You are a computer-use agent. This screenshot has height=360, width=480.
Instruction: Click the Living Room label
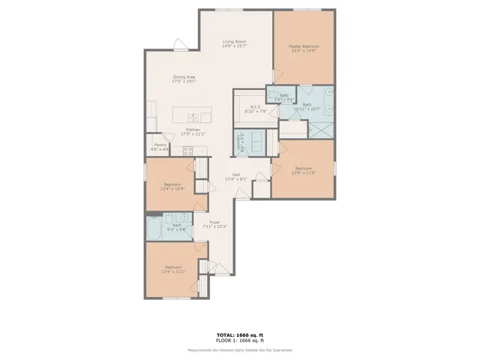pyautogui.click(x=234, y=42)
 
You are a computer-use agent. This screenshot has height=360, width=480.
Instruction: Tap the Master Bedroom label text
pyautogui.click(x=304, y=46)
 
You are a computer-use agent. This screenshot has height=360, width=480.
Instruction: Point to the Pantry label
pyautogui.click(x=160, y=145)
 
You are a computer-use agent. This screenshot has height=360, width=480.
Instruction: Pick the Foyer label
pyautogui.click(x=214, y=222)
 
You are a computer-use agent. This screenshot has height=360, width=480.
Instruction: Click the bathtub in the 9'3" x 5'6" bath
pyautogui.click(x=154, y=228)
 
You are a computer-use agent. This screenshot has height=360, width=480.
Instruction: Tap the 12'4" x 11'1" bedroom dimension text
pyautogui.click(x=172, y=271)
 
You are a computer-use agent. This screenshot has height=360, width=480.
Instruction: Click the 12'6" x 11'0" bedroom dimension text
pyautogui.click(x=304, y=172)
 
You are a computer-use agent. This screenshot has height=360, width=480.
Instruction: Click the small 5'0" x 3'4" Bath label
pyautogui.click(x=284, y=95)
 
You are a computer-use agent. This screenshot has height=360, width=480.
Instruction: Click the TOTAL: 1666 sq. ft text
pyautogui.click(x=240, y=335)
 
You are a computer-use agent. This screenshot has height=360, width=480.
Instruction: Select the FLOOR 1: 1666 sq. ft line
pyautogui.click(x=240, y=341)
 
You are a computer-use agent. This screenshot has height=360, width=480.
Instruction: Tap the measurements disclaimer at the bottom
pyautogui.click(x=240, y=350)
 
